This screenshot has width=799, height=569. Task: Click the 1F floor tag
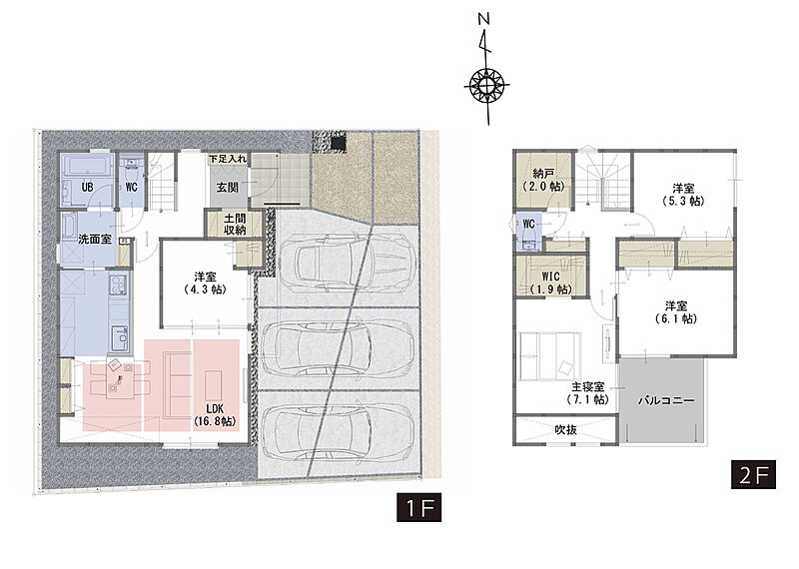coord(418,507)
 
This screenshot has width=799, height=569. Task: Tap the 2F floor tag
coord(753,475)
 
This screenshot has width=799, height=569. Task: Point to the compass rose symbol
coord(487,85)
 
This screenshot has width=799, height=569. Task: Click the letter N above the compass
coord(484,19)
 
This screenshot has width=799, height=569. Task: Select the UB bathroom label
coord(87,187)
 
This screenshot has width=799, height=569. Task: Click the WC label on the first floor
coord(131,187)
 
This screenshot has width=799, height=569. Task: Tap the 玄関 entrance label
coord(228,188)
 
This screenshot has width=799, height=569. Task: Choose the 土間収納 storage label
coord(235,225)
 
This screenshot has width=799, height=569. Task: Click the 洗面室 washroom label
coord(95,239)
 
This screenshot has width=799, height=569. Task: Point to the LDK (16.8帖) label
coord(215,415)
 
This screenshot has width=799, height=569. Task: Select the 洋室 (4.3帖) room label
coord(205,284)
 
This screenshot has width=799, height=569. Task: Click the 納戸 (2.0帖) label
coord(544,181)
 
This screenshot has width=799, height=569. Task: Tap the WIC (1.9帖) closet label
coord(551,283)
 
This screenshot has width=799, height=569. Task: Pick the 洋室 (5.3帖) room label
coord(683,195)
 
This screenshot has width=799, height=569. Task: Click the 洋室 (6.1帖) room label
coord(676,312)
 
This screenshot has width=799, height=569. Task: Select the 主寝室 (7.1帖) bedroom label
coord(588,393)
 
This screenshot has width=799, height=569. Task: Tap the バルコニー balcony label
coord(666,400)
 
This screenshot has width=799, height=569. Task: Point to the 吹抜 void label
coord(565,430)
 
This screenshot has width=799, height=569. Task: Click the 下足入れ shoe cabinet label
coord(228,159)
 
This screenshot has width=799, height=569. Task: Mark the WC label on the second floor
coord(529,225)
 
